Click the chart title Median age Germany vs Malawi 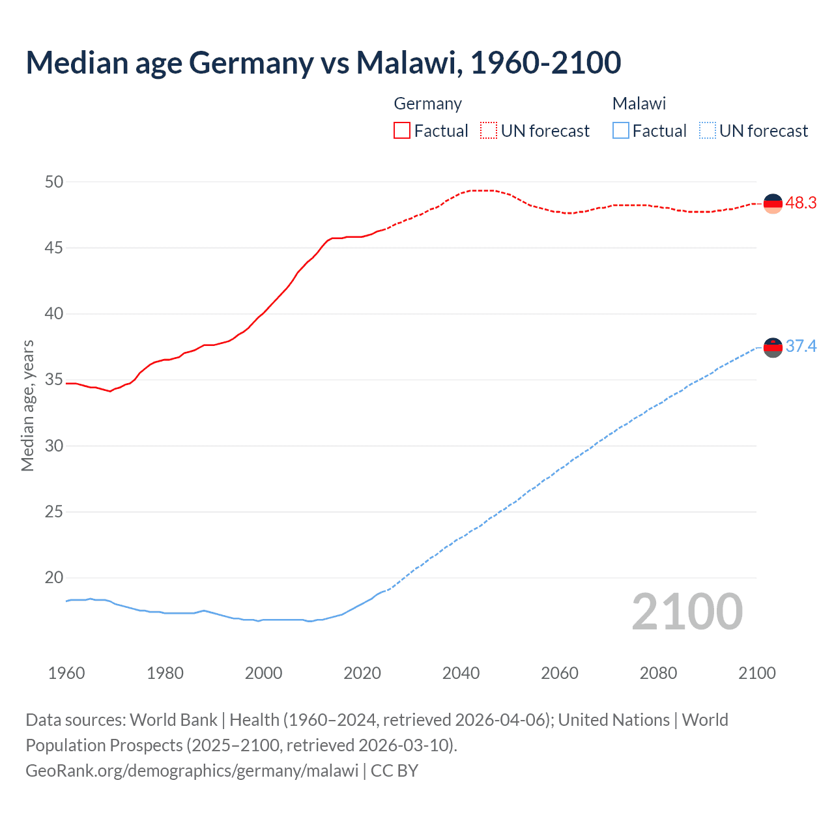tap(323, 63)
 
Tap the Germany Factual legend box tap(402, 130)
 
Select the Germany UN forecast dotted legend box tap(489, 130)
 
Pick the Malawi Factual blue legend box tap(621, 130)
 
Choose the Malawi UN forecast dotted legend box tap(707, 130)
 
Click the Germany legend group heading tap(427, 104)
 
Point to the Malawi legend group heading tap(639, 104)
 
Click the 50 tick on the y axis tap(54, 182)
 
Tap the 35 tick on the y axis tap(54, 380)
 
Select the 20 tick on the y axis tap(54, 578)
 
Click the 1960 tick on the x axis tap(66, 673)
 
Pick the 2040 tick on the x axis tap(461, 673)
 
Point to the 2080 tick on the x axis tap(658, 673)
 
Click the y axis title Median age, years tap(27, 405)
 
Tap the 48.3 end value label tap(801, 203)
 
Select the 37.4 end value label tap(801, 346)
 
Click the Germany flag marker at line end tap(773, 203)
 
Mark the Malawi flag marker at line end tap(773, 347)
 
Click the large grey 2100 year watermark tap(687, 611)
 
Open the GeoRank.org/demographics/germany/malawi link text tap(192, 770)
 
